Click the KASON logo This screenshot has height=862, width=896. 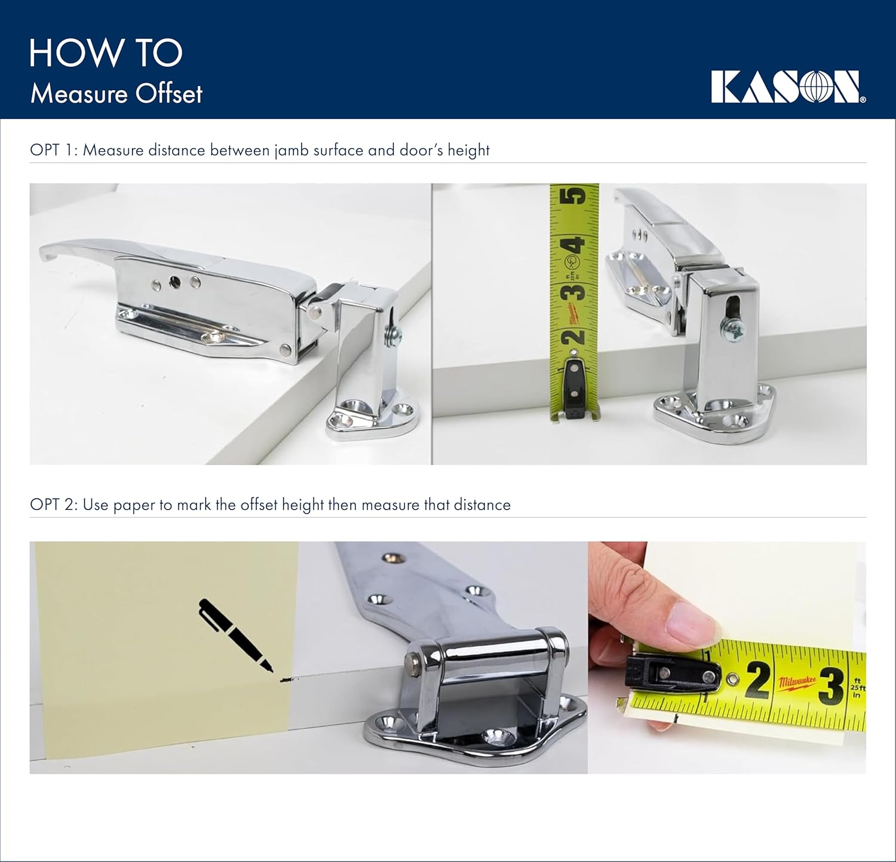[787, 87]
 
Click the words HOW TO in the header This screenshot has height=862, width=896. [106, 53]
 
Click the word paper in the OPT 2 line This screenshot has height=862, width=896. [134, 505]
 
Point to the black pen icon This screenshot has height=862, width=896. [234, 635]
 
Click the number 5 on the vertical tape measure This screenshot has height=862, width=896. [574, 196]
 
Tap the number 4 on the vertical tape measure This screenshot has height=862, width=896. [574, 245]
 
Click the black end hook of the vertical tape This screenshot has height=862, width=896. [574, 383]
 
